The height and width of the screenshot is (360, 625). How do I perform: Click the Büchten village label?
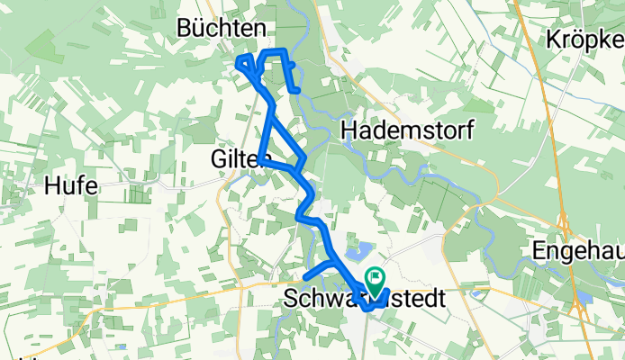(221, 28)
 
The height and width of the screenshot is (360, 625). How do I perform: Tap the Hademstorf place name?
(407, 131)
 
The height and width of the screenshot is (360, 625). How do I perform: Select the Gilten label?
(240, 159)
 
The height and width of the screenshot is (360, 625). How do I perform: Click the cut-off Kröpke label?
(584, 40)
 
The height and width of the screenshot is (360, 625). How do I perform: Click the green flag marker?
(375, 281)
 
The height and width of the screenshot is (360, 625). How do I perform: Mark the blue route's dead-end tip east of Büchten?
(297, 90)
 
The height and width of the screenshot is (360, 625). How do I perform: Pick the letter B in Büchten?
(186, 28)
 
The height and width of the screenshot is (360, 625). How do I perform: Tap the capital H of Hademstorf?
(349, 131)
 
